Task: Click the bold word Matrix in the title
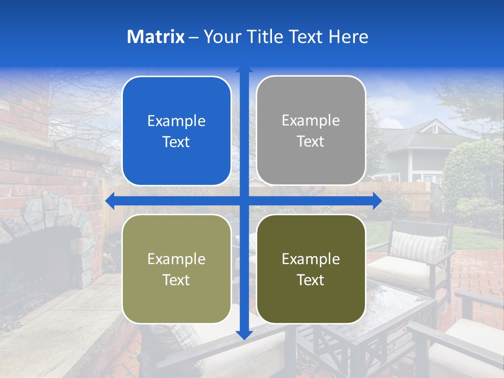156,37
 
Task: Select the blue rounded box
176,131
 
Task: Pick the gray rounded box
311,130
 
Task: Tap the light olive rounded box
176,269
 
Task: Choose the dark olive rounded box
311,269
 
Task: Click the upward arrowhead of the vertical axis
244,69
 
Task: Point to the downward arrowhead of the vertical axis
244,335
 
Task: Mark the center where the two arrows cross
244,201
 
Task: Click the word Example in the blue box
176,121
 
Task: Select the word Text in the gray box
311,142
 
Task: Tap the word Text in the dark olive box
311,280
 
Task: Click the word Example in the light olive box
176,259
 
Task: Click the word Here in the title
348,37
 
